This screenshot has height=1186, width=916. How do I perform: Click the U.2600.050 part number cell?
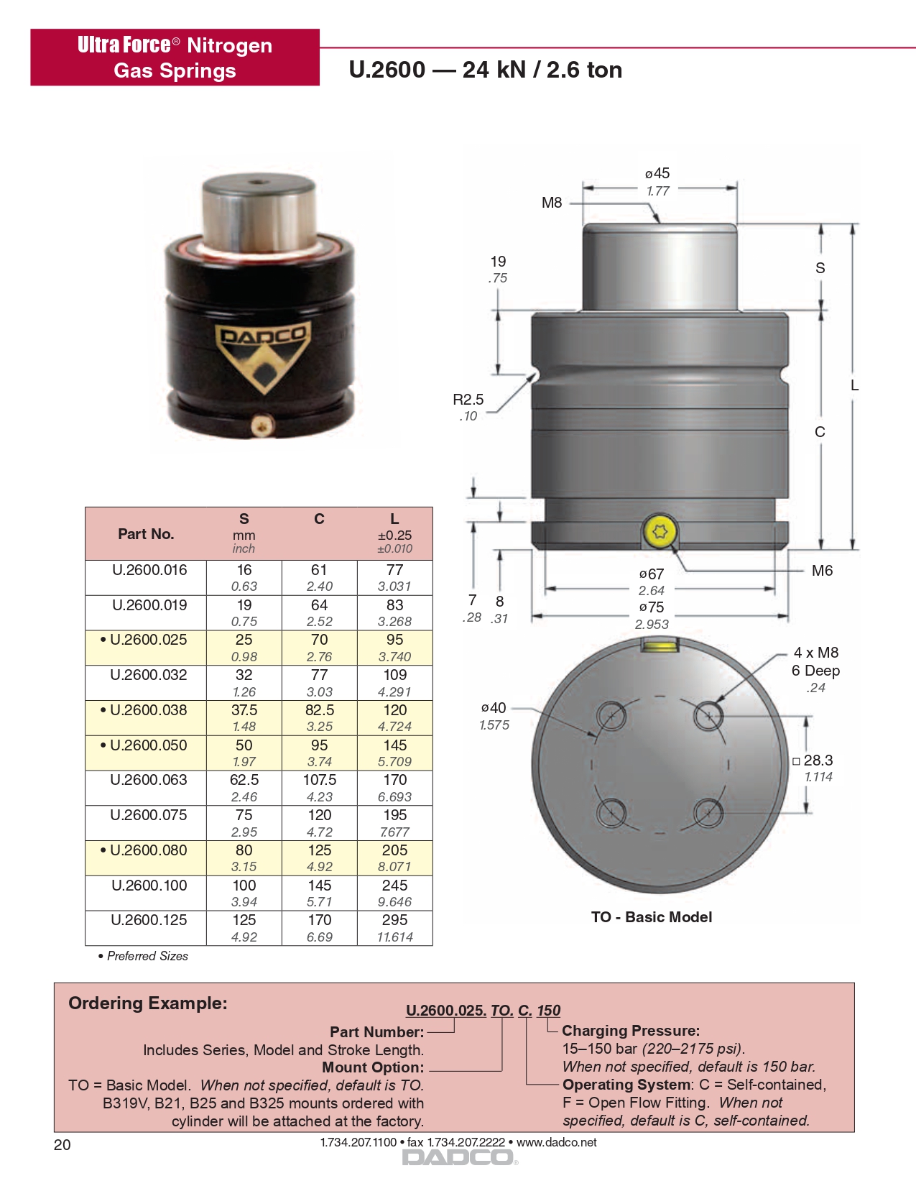[x=146, y=753]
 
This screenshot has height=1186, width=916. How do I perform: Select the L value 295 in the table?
[x=394, y=919]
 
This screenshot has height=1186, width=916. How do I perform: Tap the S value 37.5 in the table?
[x=244, y=709]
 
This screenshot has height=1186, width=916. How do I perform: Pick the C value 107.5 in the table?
[x=319, y=779]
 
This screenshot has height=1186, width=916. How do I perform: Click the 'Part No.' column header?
[x=146, y=534]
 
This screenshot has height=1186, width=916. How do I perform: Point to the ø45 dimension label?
[x=657, y=173]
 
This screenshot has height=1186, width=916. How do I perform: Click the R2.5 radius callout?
[x=468, y=400]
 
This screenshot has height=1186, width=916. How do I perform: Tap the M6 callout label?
[x=822, y=571]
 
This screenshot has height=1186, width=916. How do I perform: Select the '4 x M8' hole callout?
[x=815, y=652]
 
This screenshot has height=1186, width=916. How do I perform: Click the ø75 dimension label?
[x=652, y=607]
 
